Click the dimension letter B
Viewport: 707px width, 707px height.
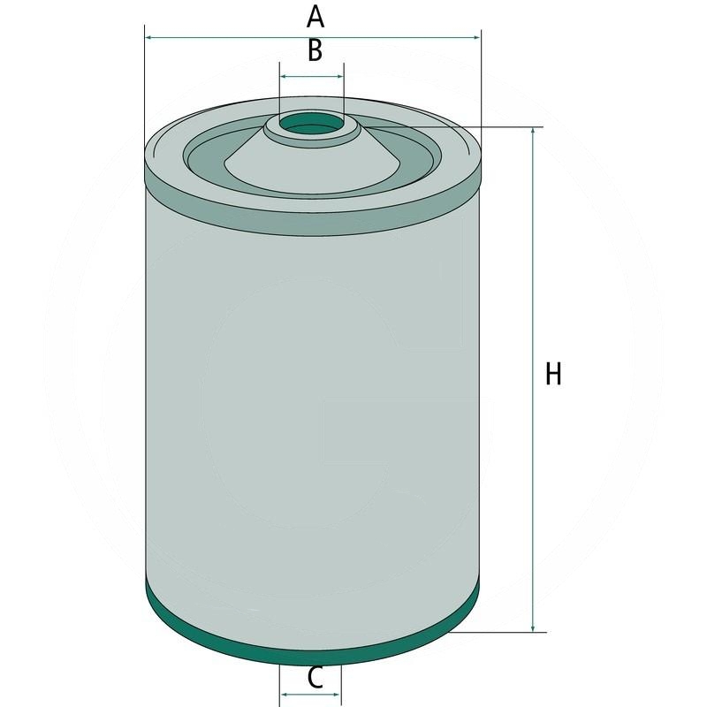click(x=314, y=51)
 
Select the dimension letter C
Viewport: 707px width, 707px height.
click(x=313, y=678)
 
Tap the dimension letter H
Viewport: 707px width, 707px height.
click(x=553, y=374)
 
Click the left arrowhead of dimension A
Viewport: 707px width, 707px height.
click(x=148, y=38)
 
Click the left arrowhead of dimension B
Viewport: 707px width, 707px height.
click(x=284, y=77)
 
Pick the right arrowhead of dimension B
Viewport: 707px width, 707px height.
click(x=339, y=77)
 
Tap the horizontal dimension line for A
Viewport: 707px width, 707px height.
click(x=398, y=38)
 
